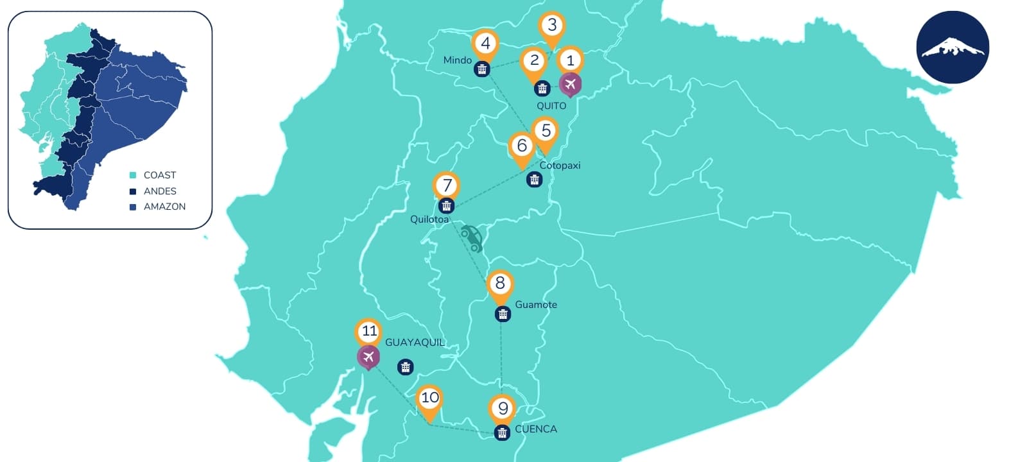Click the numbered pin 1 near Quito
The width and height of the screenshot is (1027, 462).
coord(570,61)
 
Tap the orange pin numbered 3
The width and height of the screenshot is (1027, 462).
coord(552,26)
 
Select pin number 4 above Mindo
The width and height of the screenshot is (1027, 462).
coord(485,44)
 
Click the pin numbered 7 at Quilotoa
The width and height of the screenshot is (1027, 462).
coord(447,186)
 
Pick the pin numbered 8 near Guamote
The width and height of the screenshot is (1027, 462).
coord(500,284)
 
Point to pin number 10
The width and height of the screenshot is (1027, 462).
coord(429,398)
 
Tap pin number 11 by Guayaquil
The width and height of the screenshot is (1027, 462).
coord(369,332)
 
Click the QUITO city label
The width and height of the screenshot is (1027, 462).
coord(551,106)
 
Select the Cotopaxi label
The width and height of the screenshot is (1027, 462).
coord(560,166)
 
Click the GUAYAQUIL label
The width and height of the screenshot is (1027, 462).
coord(415,343)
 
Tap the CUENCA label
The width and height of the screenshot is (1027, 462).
coord(536,429)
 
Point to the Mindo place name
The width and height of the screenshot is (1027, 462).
coord(458,60)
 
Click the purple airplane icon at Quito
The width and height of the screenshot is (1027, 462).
coord(570,84)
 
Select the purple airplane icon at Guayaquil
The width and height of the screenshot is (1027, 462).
coord(368,357)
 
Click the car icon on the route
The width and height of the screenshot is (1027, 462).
coord(472,238)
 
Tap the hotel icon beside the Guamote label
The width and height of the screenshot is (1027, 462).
coord(503,314)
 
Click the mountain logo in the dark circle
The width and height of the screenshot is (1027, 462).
coord(953,47)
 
